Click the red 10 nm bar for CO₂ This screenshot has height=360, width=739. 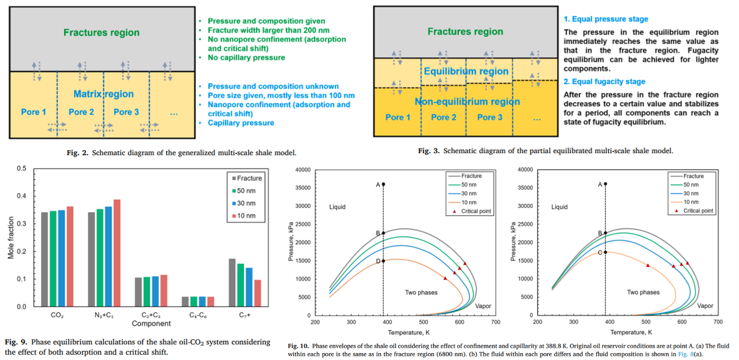pyautogui.click(x=70, y=256)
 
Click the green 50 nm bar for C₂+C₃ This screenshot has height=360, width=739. pyautogui.click(x=146, y=291)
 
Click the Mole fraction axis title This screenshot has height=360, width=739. pyautogui.click(x=11, y=238)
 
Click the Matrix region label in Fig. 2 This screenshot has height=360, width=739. pyautogui.click(x=104, y=94)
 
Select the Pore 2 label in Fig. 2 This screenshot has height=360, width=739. pyautogui.click(x=81, y=112)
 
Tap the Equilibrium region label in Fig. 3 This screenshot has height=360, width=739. pyautogui.click(x=466, y=71)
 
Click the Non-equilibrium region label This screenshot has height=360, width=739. pyautogui.click(x=467, y=101)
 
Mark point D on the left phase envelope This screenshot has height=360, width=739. pyautogui.click(x=383, y=260)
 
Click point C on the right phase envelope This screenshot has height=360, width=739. pyautogui.click(x=606, y=252)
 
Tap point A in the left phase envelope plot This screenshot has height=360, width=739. pyautogui.click(x=383, y=184)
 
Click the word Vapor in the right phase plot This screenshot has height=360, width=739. pyautogui.click(x=705, y=306)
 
